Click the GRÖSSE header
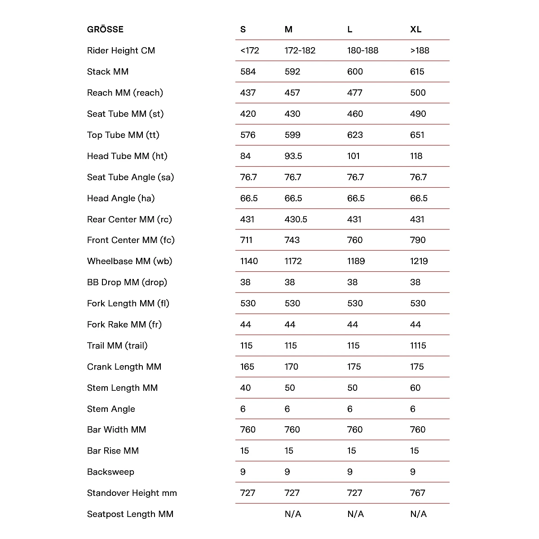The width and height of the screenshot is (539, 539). point(105,30)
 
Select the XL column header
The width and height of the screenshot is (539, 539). point(415,30)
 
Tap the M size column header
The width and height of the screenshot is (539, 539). point(288,30)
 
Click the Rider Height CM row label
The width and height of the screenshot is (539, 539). point(121,51)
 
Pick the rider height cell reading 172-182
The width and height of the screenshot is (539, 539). point(300,51)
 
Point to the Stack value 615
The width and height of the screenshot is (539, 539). point(417,72)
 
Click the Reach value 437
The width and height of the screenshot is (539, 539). point(248,93)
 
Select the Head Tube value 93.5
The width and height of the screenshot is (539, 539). point(293,156)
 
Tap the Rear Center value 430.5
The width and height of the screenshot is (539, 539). point(296,220)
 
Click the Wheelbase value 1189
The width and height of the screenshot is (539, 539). point(356,261)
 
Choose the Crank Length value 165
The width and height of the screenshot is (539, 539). point(247,367)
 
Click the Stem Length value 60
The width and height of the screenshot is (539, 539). point(415,388)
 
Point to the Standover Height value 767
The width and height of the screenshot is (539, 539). point(417,493)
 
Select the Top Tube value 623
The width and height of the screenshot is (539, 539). point(355,135)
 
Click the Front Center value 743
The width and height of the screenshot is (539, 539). point(292,240)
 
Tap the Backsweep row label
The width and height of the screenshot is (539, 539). point(110,472)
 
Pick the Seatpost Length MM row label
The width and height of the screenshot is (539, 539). point(130,514)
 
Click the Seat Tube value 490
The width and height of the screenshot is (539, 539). point(418,114)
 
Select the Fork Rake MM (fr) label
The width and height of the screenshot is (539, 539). point(124,325)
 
